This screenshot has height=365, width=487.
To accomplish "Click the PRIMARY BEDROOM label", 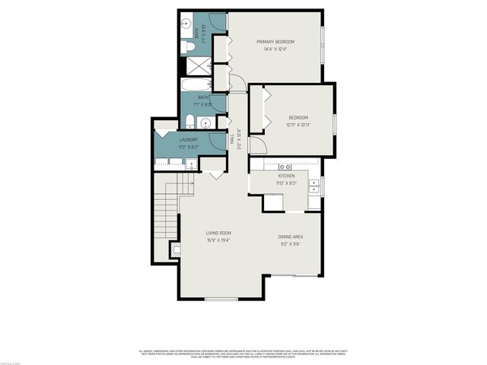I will [x=275, y=41].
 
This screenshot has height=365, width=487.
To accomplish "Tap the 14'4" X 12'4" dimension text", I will [x=275, y=49].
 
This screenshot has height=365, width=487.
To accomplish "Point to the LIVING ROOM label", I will [x=218, y=233].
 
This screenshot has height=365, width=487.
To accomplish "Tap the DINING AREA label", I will [x=291, y=237].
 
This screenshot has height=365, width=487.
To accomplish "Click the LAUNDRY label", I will [x=189, y=140].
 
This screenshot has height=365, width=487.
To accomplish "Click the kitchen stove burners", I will [x=286, y=166].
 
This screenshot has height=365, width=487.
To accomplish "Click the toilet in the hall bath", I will [x=189, y=121].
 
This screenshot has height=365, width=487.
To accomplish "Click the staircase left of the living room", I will [x=165, y=217].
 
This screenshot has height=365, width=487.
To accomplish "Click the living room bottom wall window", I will [x=221, y=299].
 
